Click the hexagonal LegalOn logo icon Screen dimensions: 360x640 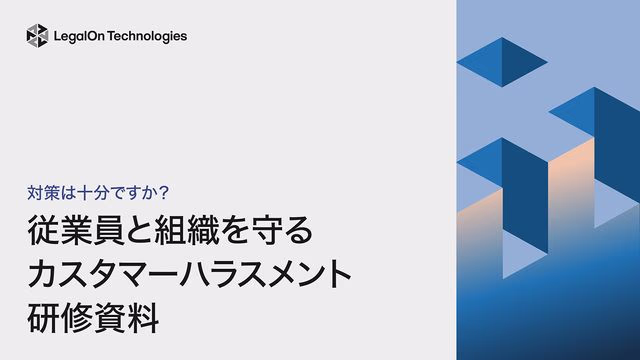tap(37, 36)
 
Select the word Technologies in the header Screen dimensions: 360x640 tap(149, 36)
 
